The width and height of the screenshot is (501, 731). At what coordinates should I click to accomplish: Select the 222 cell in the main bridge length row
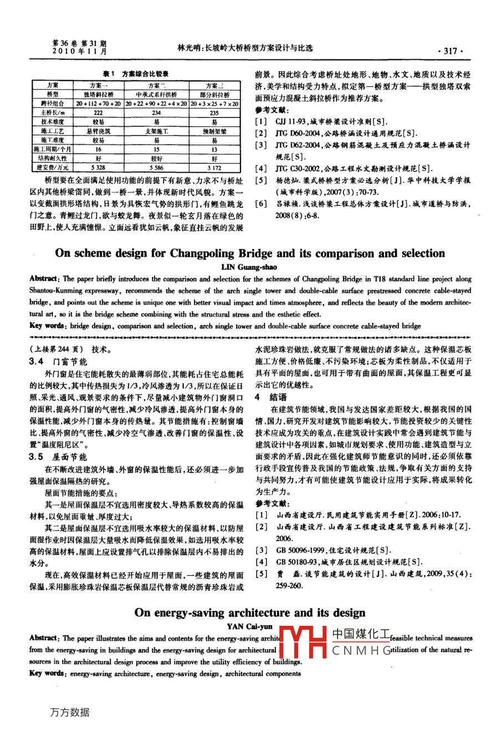(x=98, y=113)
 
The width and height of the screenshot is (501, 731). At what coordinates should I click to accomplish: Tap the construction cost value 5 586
(x=157, y=167)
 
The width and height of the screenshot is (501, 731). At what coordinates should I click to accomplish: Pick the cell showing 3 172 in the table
(x=214, y=167)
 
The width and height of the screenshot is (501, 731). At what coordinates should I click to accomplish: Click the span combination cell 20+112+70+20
(x=98, y=104)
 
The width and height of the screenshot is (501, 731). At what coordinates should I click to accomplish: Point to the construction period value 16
(x=98, y=150)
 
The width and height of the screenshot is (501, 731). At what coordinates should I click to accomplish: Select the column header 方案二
(x=157, y=86)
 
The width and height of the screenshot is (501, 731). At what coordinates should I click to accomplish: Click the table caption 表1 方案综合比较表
(x=136, y=74)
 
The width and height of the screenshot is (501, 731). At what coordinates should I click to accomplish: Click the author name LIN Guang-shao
(x=249, y=267)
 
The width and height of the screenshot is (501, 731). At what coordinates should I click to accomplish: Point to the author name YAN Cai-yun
(x=250, y=626)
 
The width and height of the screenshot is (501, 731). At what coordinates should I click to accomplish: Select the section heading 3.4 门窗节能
(x=58, y=362)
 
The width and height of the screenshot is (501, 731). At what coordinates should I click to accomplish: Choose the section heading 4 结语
(x=271, y=397)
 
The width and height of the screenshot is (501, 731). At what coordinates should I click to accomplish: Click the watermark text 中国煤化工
(x=361, y=634)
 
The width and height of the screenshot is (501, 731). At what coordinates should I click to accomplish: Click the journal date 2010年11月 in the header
(x=79, y=50)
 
